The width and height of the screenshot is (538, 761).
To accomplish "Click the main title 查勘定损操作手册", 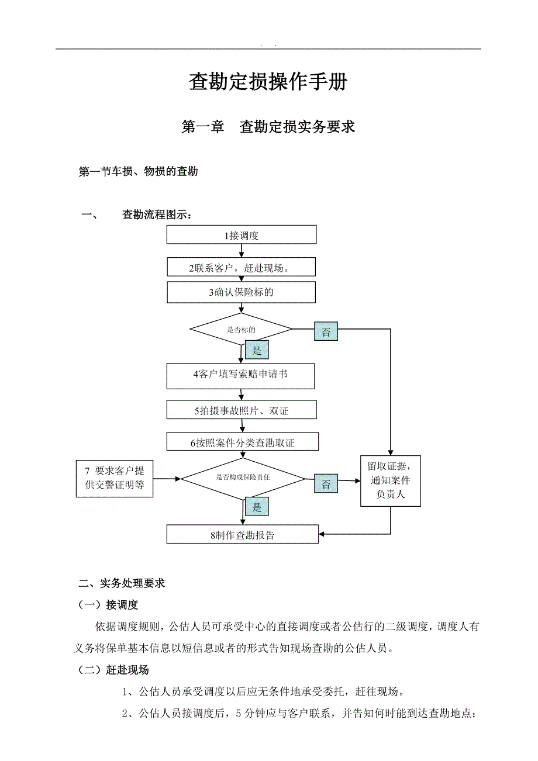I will click(268, 82).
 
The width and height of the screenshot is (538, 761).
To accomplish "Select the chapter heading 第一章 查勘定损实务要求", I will click(268, 127).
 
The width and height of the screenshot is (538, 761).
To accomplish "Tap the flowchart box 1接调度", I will click(242, 235).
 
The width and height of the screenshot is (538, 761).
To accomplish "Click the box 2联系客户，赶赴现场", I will click(241, 268).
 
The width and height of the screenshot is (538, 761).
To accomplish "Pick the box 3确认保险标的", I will click(241, 292).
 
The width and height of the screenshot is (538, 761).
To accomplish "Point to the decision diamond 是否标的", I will click(241, 330).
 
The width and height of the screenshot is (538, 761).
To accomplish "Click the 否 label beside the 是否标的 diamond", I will click(326, 333).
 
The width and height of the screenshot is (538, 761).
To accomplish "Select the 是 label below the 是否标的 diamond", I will click(257, 350).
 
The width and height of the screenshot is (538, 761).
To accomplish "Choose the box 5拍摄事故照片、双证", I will click(241, 410).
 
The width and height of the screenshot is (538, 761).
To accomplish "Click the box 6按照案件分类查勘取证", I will click(242, 442).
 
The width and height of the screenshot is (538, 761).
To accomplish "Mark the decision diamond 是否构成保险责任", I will click(243, 478).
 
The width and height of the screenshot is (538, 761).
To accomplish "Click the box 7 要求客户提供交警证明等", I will click(115, 478).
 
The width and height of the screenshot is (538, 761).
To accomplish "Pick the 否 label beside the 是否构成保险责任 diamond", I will click(326, 484).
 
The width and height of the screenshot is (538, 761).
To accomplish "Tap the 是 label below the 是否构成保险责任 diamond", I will click(257, 507).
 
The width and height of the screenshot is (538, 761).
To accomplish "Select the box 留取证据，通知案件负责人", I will click(391, 481).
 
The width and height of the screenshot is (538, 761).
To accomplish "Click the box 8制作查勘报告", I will click(242, 534).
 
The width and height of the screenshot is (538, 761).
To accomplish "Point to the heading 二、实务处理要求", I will click(122, 583).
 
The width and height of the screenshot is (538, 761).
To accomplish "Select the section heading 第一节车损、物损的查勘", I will click(138, 172).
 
